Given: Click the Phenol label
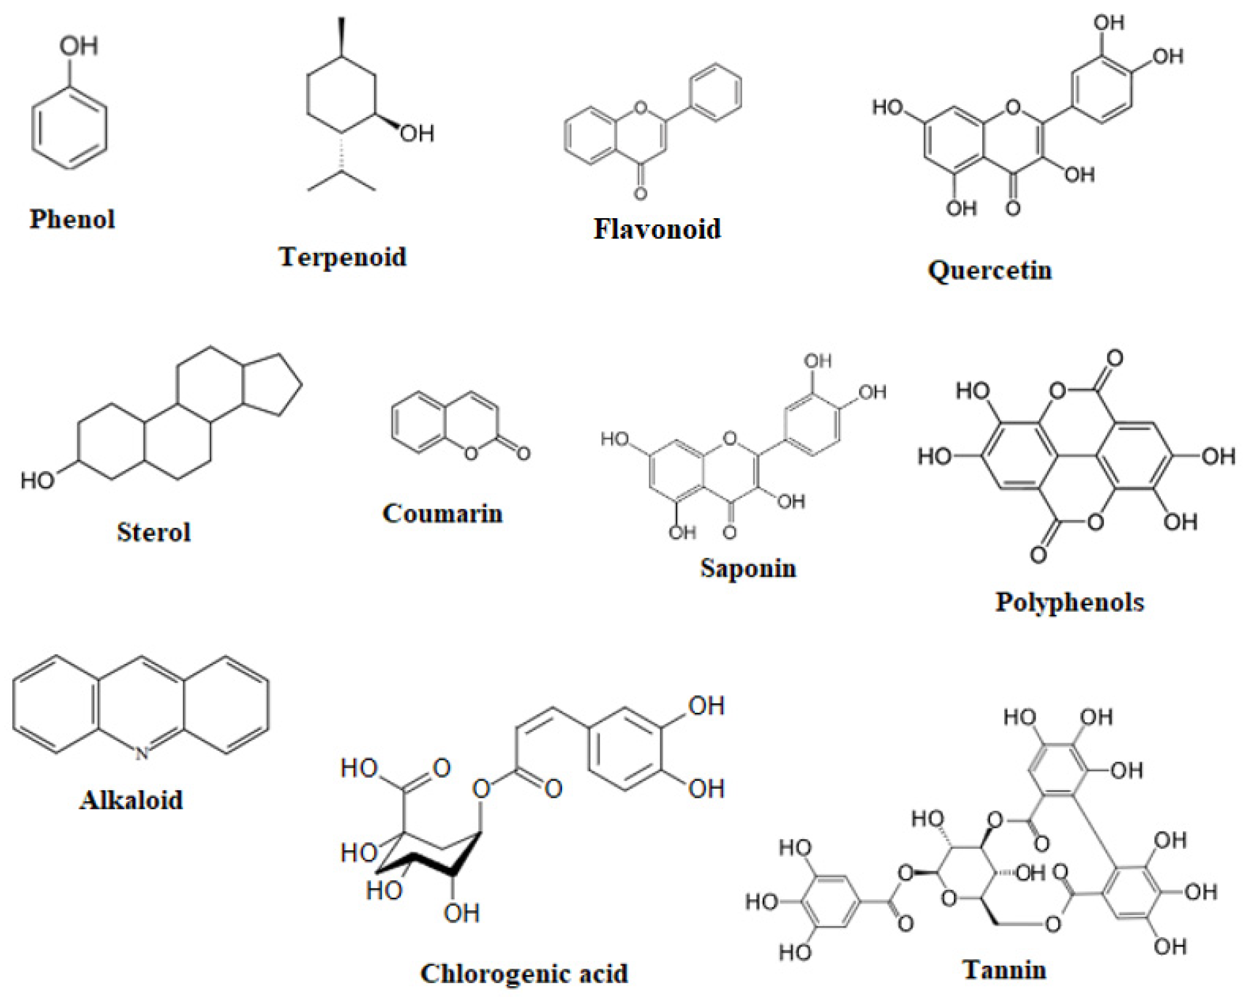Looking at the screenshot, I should coord(72,219).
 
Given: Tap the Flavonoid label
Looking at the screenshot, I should coord(657,229).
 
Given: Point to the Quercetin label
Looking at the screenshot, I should coord(990,270).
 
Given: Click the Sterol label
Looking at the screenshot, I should coord(154,531).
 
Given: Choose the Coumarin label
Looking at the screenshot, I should coord(442,513).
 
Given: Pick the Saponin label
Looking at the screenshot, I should coord(748,568).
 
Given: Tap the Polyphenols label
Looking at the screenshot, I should coord(1069,602).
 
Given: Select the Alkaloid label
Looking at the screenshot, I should coord(131,800).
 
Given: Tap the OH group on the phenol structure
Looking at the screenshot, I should coord(78,46).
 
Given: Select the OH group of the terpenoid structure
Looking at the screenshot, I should coord(417,134).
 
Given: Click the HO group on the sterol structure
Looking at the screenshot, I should coord(38,480).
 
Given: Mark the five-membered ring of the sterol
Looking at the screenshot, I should coord(271,384).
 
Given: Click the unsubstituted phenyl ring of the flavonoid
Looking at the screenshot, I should coord(716,92).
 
